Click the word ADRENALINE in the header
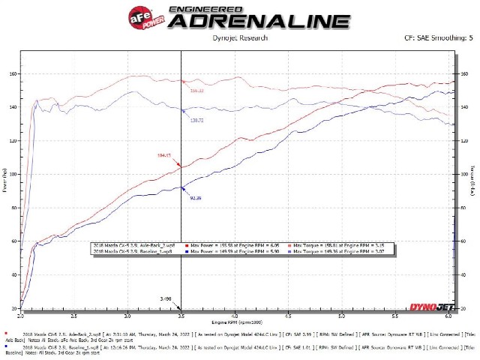coord(247,22)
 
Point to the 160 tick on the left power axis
coord(13,73)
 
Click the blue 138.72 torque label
coord(198,120)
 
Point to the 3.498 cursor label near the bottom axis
coord(175,298)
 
